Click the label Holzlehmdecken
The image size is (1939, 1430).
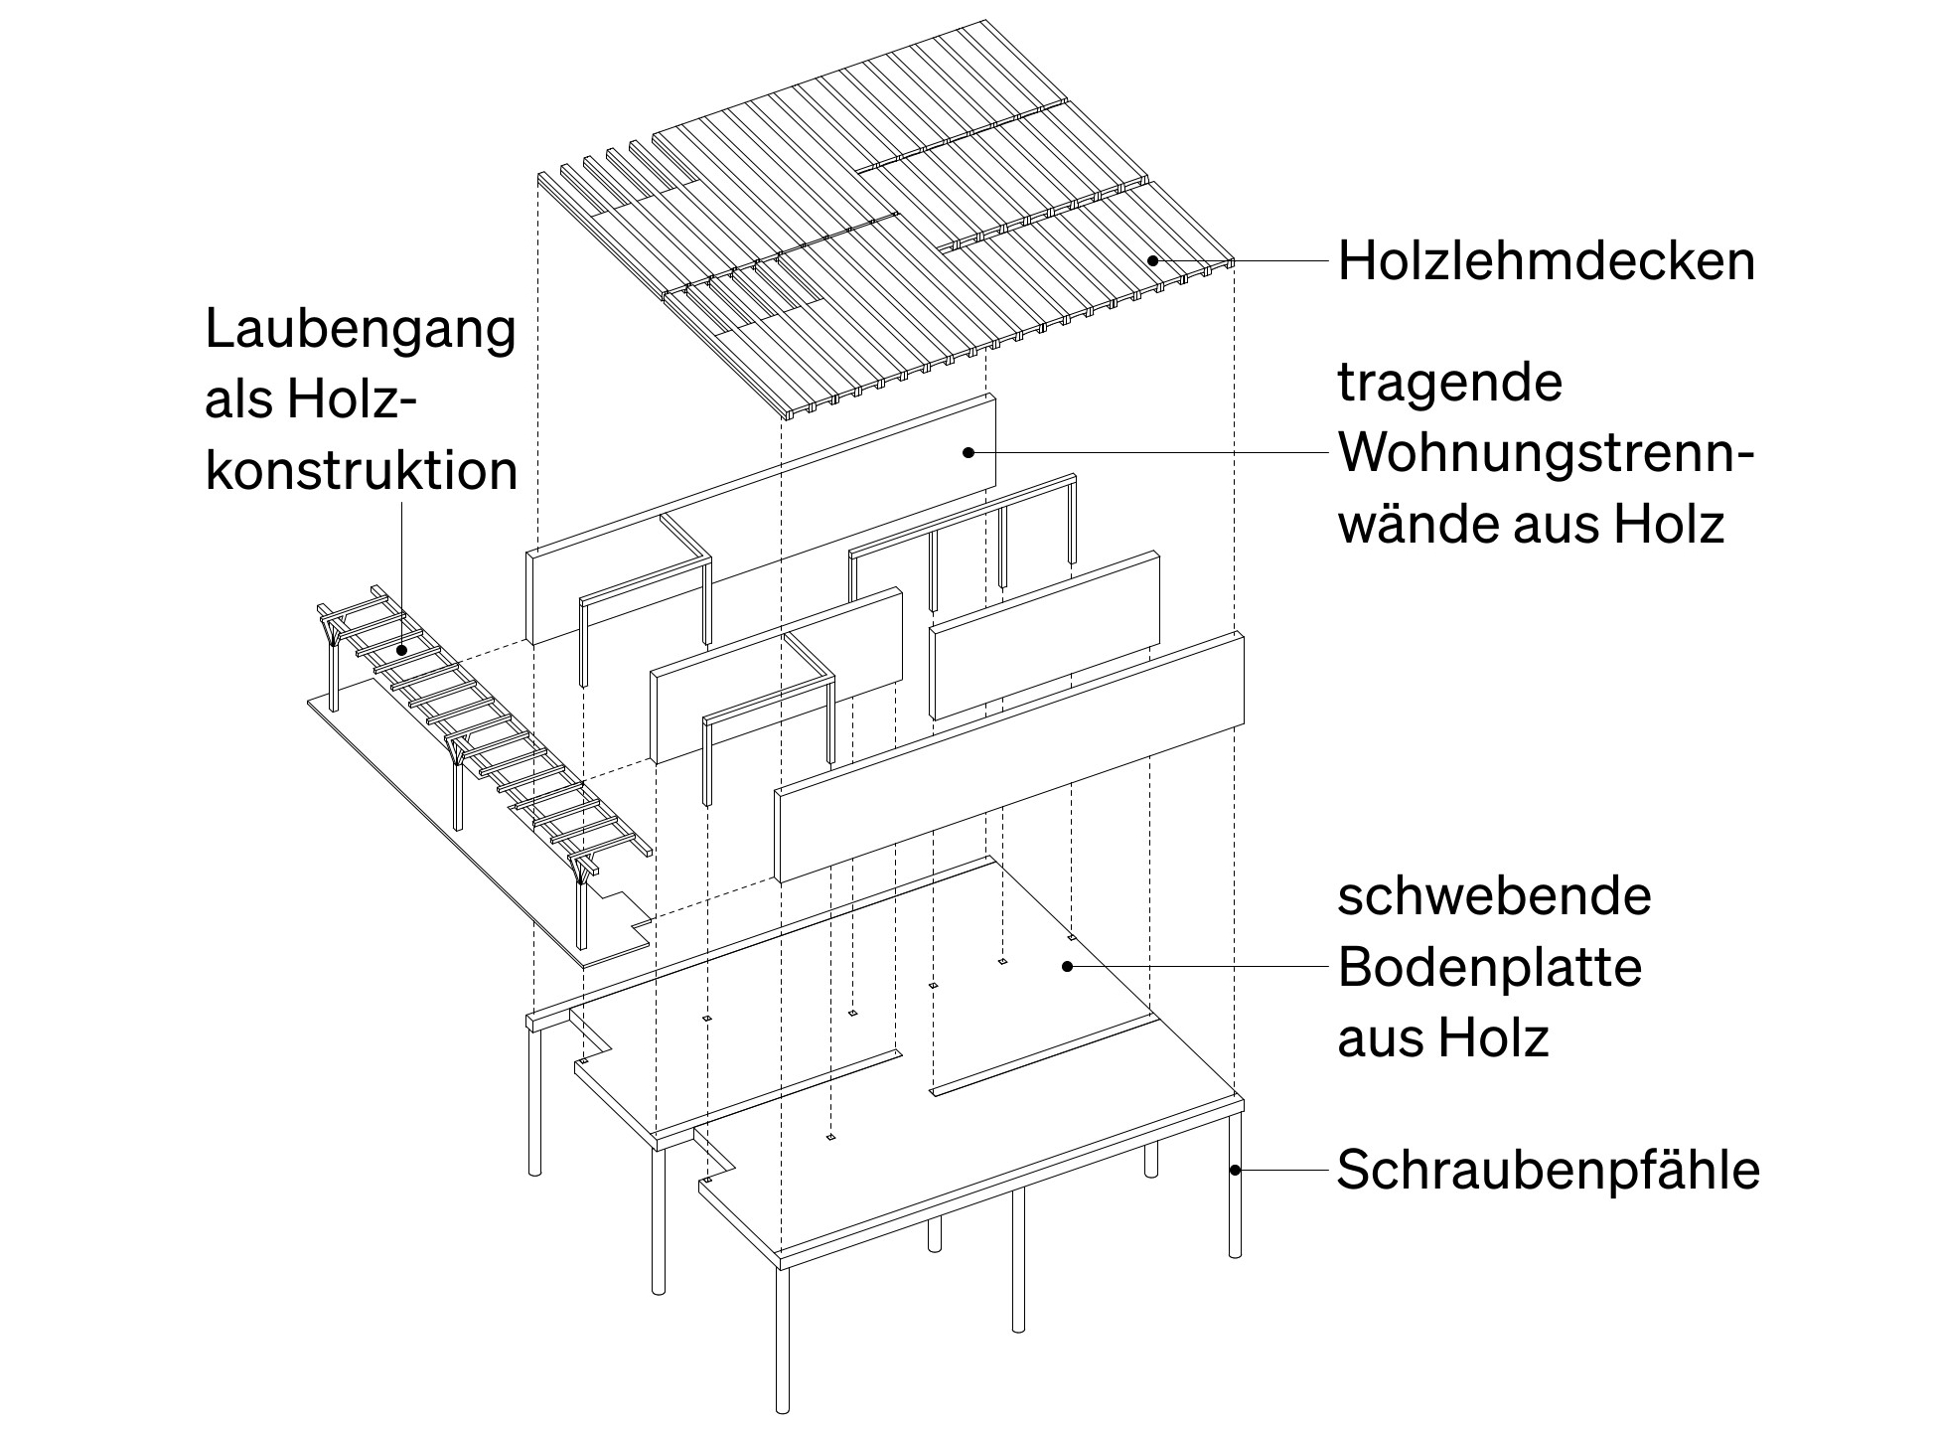pos(1546,262)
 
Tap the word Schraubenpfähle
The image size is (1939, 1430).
pos(1548,1170)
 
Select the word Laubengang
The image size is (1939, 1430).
pos(361,330)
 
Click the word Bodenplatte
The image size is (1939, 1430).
pos(1489,967)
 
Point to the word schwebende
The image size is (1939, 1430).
pos(1493,896)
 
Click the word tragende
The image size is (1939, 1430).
pos(1449,383)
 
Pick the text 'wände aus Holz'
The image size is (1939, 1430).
pos(1530,524)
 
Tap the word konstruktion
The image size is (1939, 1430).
pos(362,470)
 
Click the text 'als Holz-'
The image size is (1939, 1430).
pos(308,400)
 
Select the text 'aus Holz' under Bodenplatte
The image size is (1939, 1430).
pos(1442,1038)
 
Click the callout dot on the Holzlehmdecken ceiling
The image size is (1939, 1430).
pos(1152,261)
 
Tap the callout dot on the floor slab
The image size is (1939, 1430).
pos(1068,965)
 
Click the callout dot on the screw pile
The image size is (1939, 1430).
pos(1235,1170)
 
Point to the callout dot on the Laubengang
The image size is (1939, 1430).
pos(401,651)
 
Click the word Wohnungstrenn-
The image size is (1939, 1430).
pos(1546,454)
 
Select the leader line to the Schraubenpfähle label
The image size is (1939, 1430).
pos(1281,1170)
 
